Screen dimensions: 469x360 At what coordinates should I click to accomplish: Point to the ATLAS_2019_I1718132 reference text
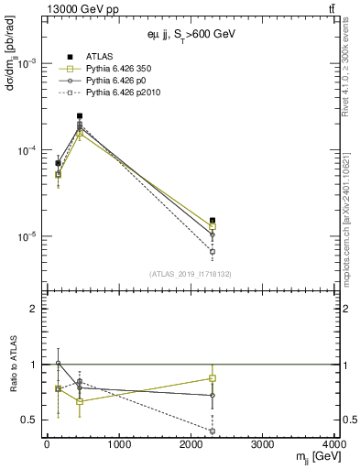191,273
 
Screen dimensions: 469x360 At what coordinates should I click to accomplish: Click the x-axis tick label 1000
118,444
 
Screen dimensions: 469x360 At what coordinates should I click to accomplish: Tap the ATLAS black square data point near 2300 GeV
213,221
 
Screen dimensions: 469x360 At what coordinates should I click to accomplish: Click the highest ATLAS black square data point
80,116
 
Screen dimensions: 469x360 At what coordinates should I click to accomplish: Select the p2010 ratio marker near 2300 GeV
213,431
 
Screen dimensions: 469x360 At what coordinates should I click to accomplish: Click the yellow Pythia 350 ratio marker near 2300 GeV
213,378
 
